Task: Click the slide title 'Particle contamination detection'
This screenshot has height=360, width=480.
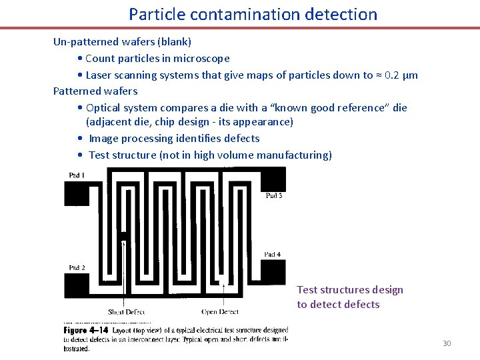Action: pyautogui.click(x=253, y=14)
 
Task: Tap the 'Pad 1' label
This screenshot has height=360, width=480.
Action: pyautogui.click(x=77, y=175)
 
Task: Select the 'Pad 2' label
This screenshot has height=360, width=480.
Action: pyautogui.click(x=77, y=268)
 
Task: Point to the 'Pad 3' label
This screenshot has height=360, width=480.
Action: pyautogui.click(x=273, y=195)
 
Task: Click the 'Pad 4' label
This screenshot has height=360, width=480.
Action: pyautogui.click(x=272, y=254)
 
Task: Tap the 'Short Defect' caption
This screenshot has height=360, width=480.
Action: pyautogui.click(x=126, y=311)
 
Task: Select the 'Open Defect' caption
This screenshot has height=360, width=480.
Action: pyautogui.click(x=219, y=311)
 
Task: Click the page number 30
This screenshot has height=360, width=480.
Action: pyautogui.click(x=447, y=343)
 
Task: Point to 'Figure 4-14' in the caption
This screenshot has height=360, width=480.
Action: pyautogui.click(x=86, y=330)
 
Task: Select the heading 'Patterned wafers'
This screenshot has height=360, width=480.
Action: pyautogui.click(x=95, y=91)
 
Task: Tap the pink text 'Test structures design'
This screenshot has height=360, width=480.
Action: pyautogui.click(x=350, y=289)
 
